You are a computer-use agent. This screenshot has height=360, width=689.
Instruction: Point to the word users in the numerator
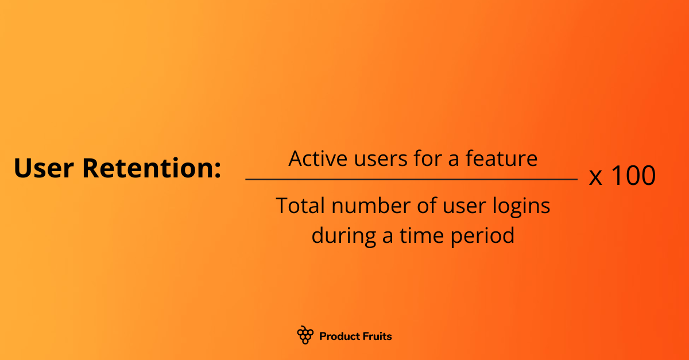377,158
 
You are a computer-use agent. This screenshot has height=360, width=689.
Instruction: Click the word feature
501,158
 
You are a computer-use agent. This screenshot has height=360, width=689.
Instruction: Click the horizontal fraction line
411,180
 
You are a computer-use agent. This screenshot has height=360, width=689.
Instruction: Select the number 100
632,176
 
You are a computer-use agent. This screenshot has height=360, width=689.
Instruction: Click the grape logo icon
305,335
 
